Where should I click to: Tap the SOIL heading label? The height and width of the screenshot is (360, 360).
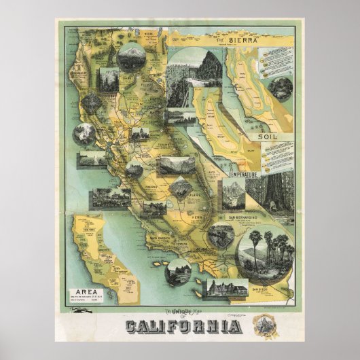tap(270, 137)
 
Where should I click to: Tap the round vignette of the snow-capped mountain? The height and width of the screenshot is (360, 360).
tap(130, 59)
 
